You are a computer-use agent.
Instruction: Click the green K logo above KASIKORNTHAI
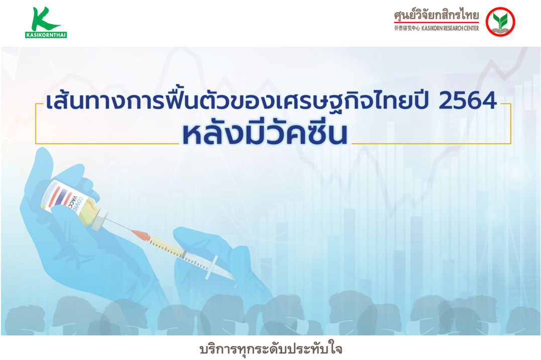[44, 19]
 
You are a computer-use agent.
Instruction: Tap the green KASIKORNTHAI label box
[46, 35]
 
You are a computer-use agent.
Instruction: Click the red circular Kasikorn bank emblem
[500, 22]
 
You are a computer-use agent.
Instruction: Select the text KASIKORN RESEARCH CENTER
[450, 28]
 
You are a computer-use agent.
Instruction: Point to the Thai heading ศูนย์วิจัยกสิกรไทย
[437, 15]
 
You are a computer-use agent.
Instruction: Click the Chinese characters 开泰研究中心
[407, 28]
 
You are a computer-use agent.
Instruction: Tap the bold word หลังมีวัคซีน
[265, 132]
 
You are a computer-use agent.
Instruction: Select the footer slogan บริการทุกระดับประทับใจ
[271, 348]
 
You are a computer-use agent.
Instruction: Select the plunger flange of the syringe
[211, 267]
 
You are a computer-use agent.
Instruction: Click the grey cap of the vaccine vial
[99, 219]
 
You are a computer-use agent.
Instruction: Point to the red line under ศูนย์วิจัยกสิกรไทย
[437, 23]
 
